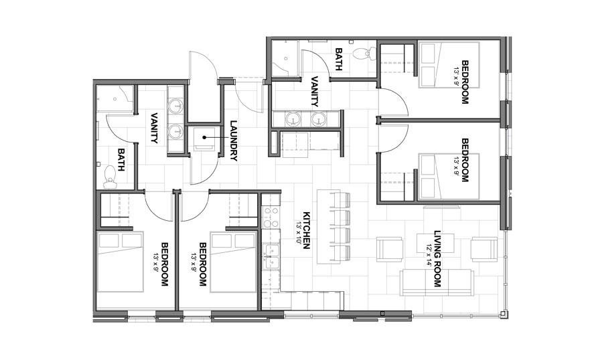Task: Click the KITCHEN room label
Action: pos(308,230)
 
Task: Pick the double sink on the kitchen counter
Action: pos(271,256)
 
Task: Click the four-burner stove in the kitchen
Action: pos(271,215)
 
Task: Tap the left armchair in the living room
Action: pos(390,249)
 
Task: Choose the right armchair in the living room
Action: pos(484,249)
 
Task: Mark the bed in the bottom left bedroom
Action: pos(121,262)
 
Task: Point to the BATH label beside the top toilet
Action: pos(339,60)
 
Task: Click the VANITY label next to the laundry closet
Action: pos(153,127)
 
